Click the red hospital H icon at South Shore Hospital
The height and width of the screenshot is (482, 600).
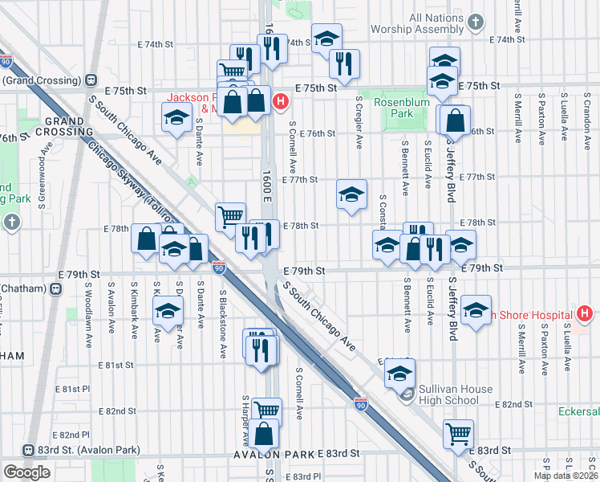(x=585, y=313)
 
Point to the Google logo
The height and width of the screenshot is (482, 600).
(x=26, y=472)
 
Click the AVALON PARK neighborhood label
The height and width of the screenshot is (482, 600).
(x=273, y=455)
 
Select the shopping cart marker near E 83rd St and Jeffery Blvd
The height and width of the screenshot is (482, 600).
(x=458, y=433)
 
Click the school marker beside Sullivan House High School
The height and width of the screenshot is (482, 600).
(x=399, y=372)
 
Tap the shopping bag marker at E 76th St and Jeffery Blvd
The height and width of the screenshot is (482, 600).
(x=455, y=120)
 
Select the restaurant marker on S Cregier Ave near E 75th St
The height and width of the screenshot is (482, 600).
(x=344, y=63)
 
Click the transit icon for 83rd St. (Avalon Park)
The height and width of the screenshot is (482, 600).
(x=29, y=450)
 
